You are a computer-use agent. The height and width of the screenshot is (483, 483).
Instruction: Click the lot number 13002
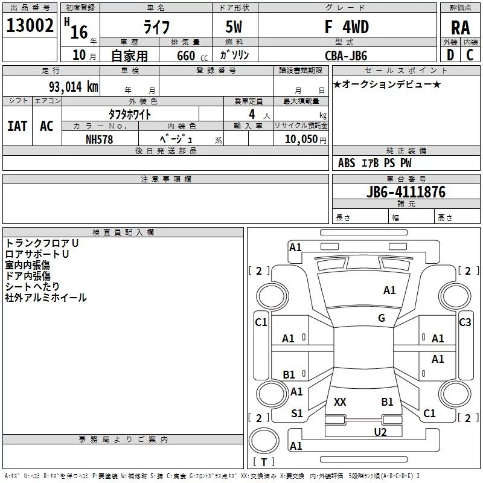click(x=30, y=25)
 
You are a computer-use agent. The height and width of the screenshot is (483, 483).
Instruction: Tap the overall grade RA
click(x=460, y=28)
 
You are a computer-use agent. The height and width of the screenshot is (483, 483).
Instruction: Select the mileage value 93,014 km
click(x=74, y=87)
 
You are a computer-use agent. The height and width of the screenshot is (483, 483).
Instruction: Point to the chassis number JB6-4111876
click(x=406, y=191)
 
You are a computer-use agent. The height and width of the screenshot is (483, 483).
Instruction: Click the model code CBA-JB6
click(x=346, y=56)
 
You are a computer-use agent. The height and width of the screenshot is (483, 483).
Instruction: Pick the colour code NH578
click(x=99, y=139)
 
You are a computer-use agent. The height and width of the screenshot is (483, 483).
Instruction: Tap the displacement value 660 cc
click(x=192, y=56)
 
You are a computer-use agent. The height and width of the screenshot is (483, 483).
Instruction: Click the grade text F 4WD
click(x=347, y=27)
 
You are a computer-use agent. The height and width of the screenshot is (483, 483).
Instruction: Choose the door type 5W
click(x=234, y=27)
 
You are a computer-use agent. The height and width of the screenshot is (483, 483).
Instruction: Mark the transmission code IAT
click(x=18, y=126)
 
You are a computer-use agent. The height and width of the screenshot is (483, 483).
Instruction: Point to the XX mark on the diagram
click(x=340, y=401)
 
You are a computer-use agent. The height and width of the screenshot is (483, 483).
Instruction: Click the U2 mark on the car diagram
click(x=380, y=432)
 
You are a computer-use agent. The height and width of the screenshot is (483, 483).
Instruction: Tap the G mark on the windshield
click(x=382, y=318)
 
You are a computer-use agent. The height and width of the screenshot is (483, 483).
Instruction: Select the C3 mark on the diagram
click(x=465, y=322)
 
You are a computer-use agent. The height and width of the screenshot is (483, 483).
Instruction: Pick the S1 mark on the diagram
click(x=297, y=413)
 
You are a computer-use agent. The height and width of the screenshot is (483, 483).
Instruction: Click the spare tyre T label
click(x=264, y=462)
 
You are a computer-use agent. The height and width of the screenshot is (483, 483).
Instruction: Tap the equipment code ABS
click(x=347, y=163)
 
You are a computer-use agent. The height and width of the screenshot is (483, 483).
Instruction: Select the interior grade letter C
click(x=470, y=55)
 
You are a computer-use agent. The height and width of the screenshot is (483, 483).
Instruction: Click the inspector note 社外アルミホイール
click(x=46, y=298)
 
